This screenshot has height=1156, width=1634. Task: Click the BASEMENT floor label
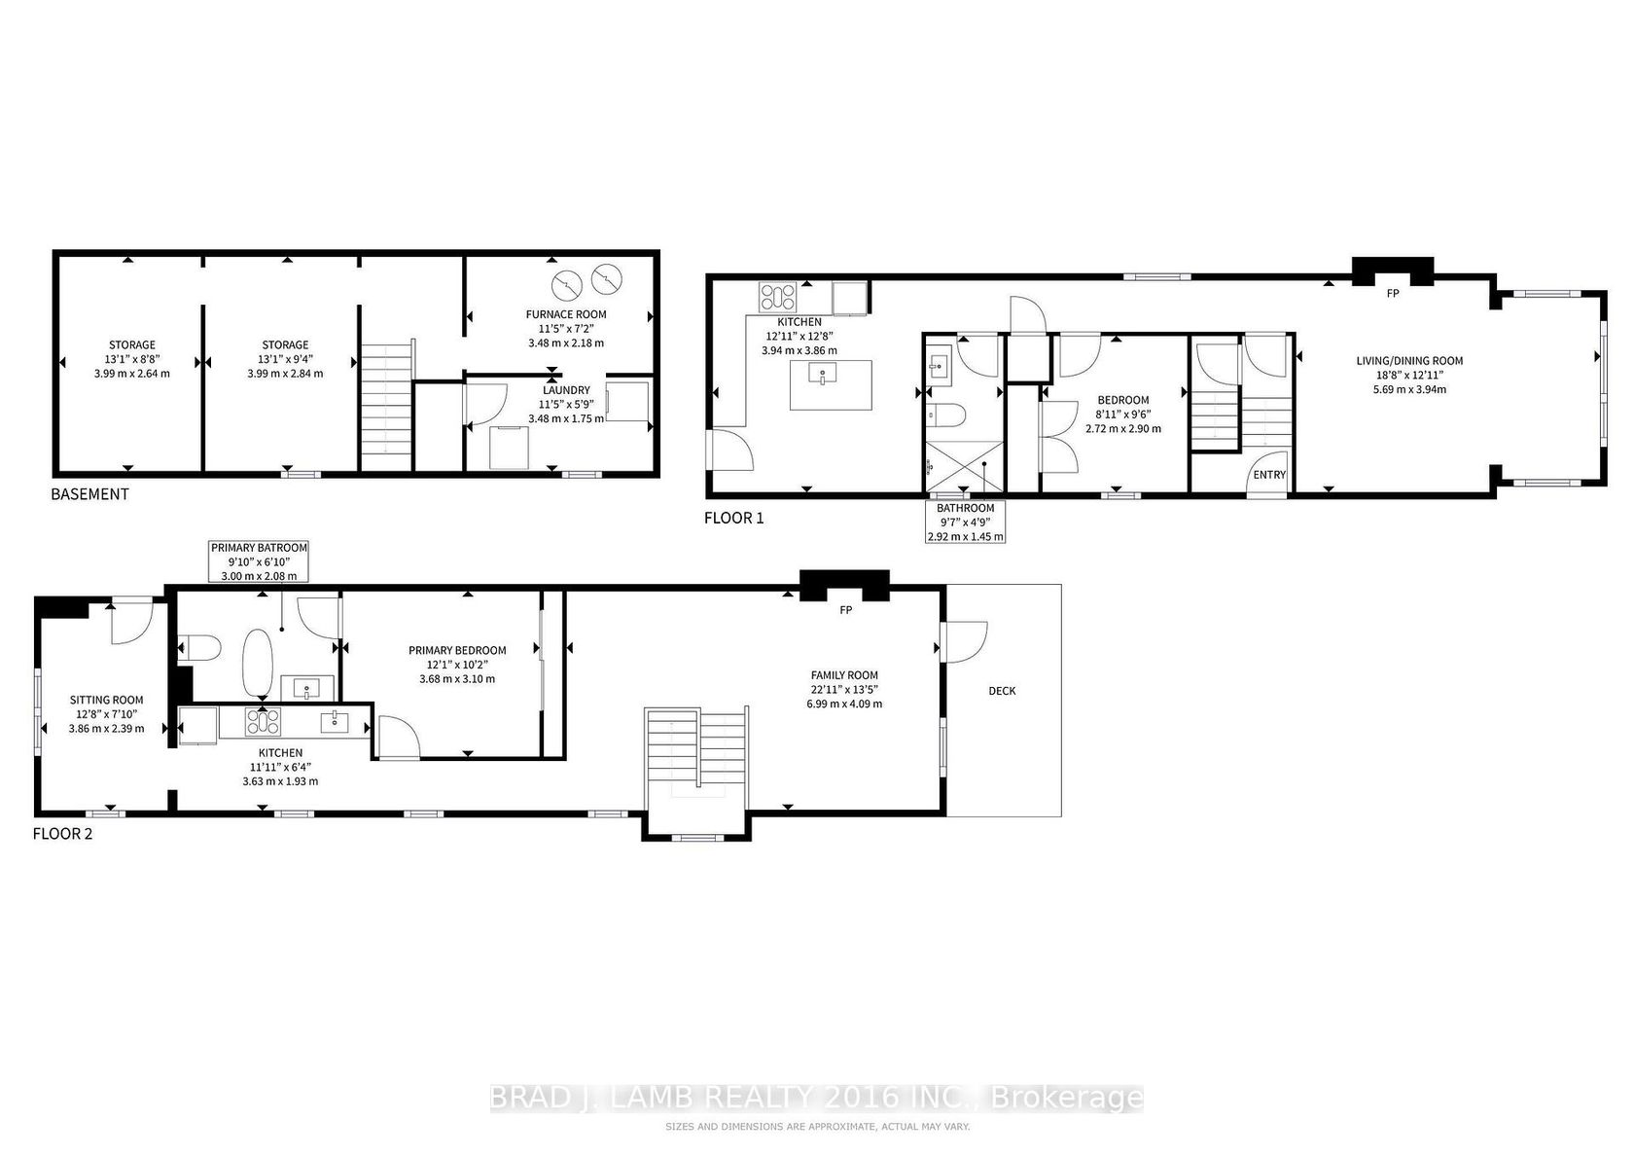pos(89,494)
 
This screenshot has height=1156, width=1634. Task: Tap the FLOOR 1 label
pos(733,518)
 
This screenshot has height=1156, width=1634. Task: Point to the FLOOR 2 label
pos(62,834)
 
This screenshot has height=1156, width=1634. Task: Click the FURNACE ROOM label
pos(566,314)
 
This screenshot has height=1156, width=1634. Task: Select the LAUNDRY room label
pos(566,390)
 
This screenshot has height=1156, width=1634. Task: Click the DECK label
pos(1002,691)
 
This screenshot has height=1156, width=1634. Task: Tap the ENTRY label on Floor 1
pos(1269,475)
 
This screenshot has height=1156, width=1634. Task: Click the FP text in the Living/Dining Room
pos(1393,294)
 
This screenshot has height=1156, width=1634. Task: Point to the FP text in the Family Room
pos(845,610)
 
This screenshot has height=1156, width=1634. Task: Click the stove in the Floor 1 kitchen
pos(778,298)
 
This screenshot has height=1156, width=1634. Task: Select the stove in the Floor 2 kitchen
pos(263,722)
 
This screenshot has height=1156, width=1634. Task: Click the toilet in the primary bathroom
pos(200,647)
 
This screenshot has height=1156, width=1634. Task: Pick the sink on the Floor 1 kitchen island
pos(822,375)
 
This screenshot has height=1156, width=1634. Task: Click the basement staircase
pos(387,408)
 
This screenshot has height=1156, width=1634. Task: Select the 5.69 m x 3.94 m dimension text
pos(1409,389)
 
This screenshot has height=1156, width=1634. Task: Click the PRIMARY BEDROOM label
pos(457,650)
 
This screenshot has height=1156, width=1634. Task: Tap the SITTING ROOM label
pos(107,700)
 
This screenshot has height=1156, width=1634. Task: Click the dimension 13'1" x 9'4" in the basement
pos(285,359)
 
